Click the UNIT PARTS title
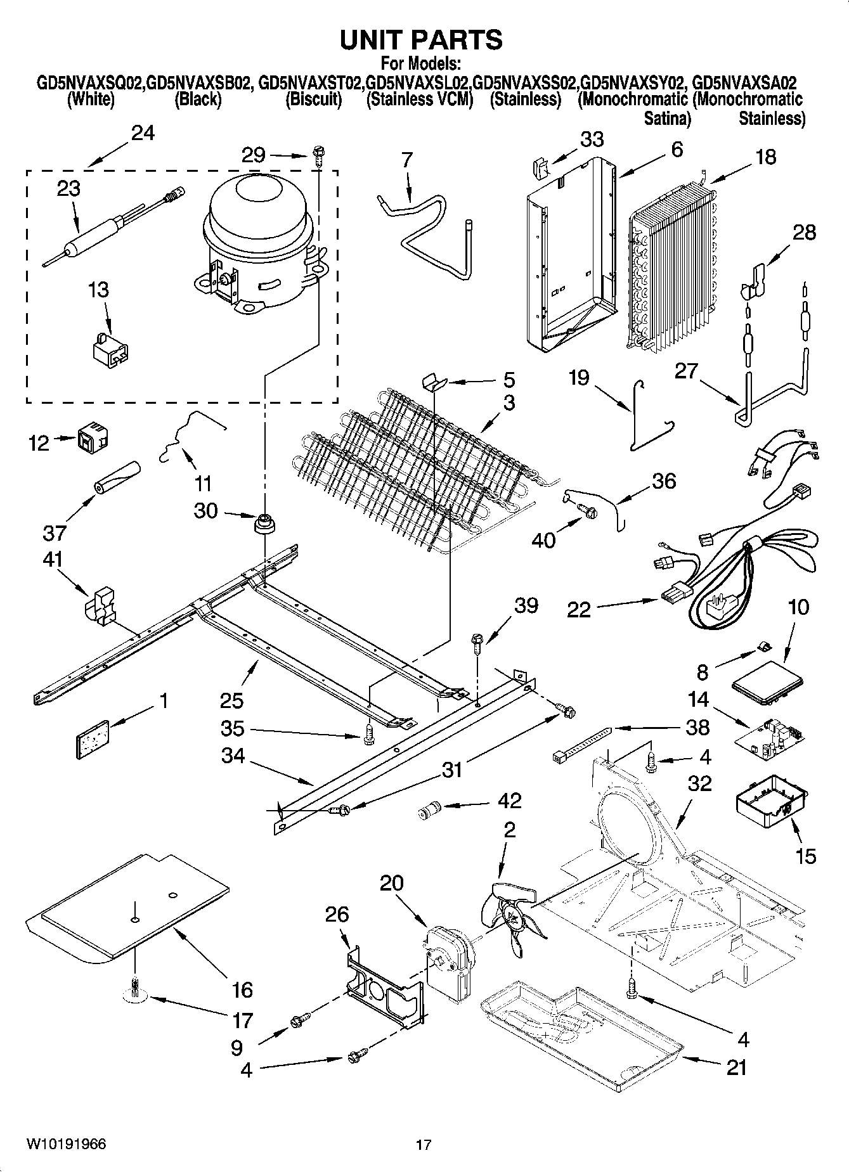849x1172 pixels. point(421,40)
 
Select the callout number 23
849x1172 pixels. point(68,189)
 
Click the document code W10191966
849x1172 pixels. point(66,1143)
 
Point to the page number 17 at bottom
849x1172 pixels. point(424,1144)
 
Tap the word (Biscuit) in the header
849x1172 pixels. point(313,100)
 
